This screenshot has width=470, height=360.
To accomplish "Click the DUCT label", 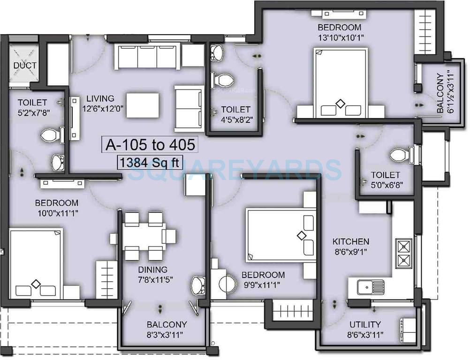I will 24,66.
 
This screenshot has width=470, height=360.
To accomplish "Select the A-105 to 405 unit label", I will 150,145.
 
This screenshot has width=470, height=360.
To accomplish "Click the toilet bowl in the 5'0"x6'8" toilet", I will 400,155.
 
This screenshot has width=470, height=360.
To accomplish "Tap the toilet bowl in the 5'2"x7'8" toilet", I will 49,136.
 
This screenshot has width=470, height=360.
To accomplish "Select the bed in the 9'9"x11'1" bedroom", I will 280,235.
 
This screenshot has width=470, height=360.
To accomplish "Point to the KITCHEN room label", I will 350,242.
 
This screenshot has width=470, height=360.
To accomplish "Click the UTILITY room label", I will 365,324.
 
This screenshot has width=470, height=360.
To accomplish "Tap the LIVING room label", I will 100,98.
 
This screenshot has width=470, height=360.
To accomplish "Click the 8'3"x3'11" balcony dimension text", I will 167,335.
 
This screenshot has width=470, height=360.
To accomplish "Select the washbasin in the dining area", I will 198,284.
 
